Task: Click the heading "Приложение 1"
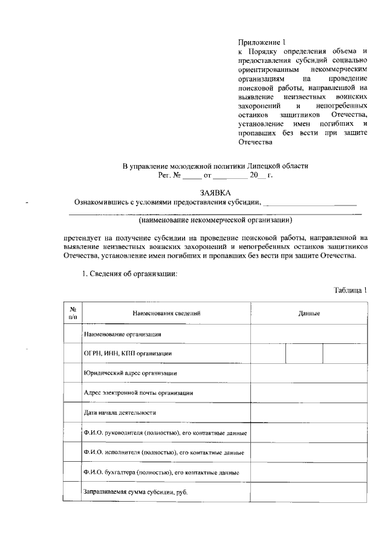(261, 43)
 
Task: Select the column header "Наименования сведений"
(166, 314)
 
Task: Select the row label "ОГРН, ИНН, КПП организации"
(128, 354)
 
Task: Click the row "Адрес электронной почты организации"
(138, 393)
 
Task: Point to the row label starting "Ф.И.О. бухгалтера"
(161, 472)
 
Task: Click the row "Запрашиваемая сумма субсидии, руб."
(135, 492)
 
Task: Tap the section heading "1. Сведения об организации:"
(129, 274)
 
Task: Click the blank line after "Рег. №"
(192, 176)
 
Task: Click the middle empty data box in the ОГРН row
(304, 354)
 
